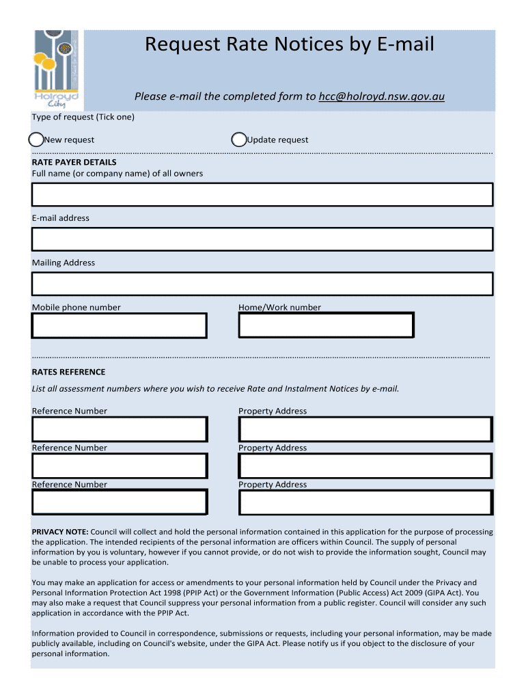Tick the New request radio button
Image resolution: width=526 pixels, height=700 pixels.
coord(36,139)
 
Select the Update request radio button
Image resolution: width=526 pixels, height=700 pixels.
coord(239,139)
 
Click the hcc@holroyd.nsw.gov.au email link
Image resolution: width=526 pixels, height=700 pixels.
coord(381,96)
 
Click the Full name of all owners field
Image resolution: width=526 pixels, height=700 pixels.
coord(262,195)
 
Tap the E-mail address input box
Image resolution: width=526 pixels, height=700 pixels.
coord(262,239)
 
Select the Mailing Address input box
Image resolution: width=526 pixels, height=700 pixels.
coord(262,284)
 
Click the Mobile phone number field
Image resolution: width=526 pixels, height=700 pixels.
coord(119,325)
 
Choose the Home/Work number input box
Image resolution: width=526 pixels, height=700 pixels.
coord(326,325)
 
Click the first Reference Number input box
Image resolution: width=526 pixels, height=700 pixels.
coord(119,429)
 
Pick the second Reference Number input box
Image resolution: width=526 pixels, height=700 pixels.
coord(119,466)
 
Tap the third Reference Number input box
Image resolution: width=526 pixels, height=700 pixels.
coord(119,502)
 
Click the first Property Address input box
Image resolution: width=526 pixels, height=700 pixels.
coord(365,429)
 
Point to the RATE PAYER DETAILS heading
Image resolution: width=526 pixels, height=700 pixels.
coord(74,163)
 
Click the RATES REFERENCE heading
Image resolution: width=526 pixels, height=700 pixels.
coord(68,372)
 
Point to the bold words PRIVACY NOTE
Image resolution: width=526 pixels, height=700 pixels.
coord(60,532)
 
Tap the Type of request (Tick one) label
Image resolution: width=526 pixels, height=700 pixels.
coord(83,117)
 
